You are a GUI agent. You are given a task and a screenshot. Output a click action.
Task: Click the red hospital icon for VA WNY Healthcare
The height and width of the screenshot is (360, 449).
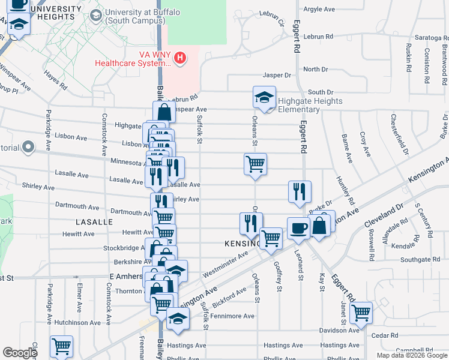(x=179, y=58)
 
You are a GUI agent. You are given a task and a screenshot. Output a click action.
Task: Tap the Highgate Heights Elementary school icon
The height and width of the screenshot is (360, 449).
(x=264, y=98)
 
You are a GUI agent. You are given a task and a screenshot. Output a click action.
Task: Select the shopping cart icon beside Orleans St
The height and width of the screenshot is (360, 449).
(x=256, y=163)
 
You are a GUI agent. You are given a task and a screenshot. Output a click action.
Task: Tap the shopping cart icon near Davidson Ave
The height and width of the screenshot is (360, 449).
(x=361, y=312)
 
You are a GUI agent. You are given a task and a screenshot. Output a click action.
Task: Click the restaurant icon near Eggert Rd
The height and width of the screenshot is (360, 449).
(x=300, y=191)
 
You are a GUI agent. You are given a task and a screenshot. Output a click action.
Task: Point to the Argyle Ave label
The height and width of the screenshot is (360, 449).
(x=319, y=10)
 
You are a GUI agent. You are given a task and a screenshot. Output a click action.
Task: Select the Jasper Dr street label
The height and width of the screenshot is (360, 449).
(x=277, y=76)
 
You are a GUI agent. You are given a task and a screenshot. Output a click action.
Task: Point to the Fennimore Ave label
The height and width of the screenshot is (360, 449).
(x=232, y=316)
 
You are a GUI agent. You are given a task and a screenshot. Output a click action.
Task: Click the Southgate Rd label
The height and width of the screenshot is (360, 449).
(x=420, y=260)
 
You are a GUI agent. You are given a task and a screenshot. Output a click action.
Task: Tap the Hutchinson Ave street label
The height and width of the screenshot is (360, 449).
(x=76, y=322)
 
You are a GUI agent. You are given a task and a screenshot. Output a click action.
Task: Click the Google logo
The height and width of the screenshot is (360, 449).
(x=20, y=353)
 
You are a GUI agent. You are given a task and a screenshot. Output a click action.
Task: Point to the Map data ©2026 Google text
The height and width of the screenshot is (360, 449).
(x=411, y=355)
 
